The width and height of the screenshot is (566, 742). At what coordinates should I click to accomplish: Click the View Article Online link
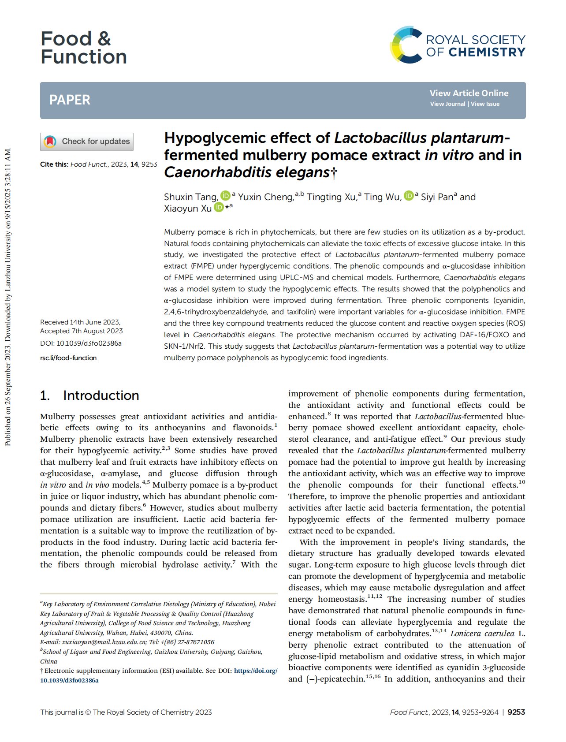(x=469, y=93)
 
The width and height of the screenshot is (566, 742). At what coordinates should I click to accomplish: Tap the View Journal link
(x=447, y=104)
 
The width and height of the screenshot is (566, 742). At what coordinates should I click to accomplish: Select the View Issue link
(x=485, y=104)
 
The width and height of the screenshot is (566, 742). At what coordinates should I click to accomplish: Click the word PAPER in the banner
(x=70, y=100)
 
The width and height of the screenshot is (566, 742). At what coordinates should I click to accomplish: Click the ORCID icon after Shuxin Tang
(x=225, y=195)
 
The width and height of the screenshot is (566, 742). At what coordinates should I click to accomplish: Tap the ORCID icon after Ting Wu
(x=409, y=195)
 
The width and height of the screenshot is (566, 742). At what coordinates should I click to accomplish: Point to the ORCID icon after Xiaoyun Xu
(x=219, y=207)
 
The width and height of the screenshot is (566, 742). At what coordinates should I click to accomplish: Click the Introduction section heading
(x=101, y=395)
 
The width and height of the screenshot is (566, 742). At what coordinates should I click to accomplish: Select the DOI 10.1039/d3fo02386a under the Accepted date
(x=81, y=343)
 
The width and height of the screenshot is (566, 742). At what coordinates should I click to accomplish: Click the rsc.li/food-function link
(x=68, y=358)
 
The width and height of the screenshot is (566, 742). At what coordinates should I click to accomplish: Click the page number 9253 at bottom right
(x=516, y=712)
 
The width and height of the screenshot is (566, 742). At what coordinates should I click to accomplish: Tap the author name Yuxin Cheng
(x=266, y=197)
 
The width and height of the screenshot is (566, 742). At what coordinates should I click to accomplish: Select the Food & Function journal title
(x=83, y=48)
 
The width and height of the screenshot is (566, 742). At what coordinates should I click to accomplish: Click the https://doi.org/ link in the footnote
(x=256, y=671)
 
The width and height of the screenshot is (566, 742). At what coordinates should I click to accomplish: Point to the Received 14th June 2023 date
(x=80, y=322)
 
